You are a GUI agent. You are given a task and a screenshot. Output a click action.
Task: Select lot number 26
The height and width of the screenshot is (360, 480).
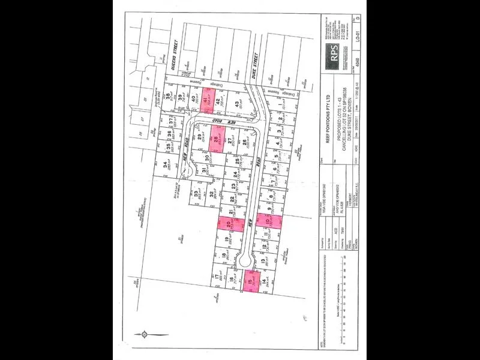244,143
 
